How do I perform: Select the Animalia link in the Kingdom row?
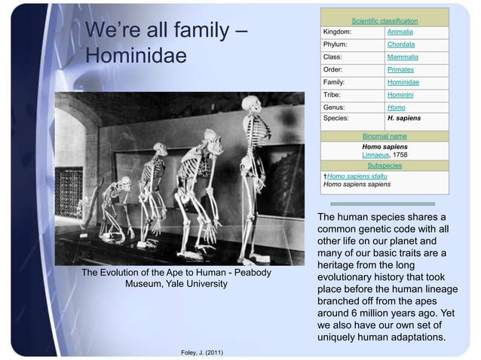(x=401, y=33)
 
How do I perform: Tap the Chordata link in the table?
(x=402, y=45)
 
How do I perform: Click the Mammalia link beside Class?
(x=403, y=57)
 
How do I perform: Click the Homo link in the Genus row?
(x=396, y=107)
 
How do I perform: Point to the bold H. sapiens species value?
(x=404, y=118)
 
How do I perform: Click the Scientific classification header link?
(x=384, y=20)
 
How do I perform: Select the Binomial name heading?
(x=384, y=136)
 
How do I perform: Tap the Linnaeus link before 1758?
(x=376, y=154)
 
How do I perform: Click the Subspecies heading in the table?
(x=384, y=165)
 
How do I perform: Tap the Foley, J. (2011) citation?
(x=202, y=352)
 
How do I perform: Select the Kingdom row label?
(x=336, y=33)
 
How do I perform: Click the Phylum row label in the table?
(x=335, y=45)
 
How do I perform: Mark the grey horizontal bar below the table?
(x=384, y=203)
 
